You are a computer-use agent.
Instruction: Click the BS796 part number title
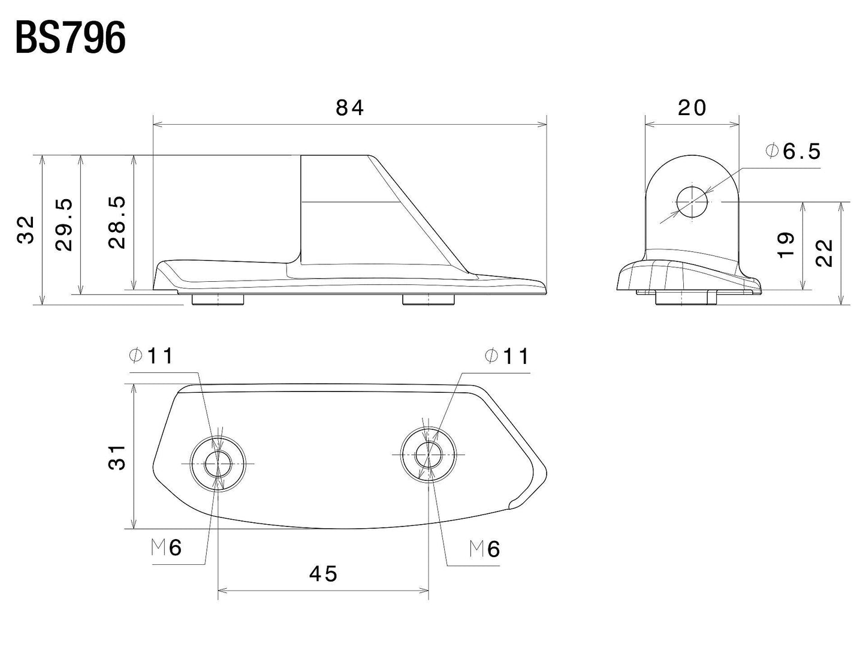pyautogui.click(x=71, y=38)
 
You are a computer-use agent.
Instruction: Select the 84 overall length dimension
pyautogui.click(x=349, y=108)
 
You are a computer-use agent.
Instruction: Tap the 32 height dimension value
pyautogui.click(x=26, y=230)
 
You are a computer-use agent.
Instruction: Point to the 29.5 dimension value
pyautogui.click(x=64, y=225)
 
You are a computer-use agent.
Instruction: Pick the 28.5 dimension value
pyautogui.click(x=117, y=222)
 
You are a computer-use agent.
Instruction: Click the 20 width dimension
pyautogui.click(x=692, y=108)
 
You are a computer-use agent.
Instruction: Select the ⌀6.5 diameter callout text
pyautogui.click(x=793, y=151)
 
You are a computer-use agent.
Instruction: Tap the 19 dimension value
pyautogui.click(x=786, y=245)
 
